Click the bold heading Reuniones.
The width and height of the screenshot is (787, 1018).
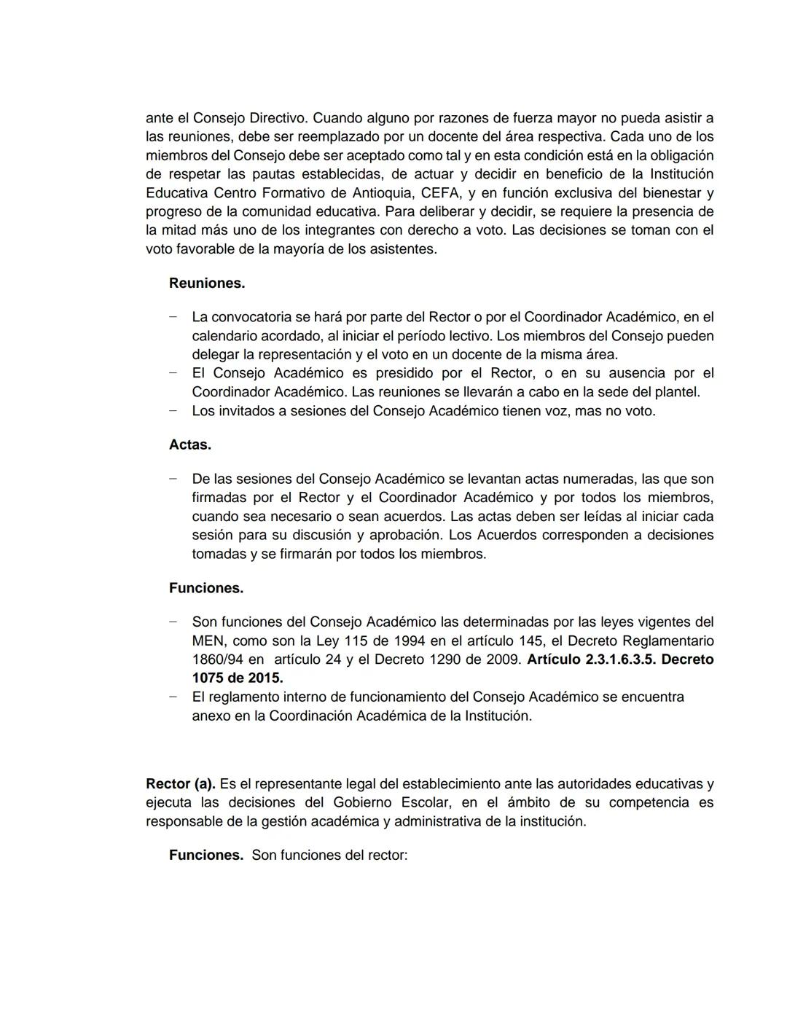(207, 283)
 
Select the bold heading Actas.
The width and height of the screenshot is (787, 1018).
(190, 445)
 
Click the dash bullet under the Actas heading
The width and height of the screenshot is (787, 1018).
(173, 479)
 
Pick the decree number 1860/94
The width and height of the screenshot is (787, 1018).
(218, 659)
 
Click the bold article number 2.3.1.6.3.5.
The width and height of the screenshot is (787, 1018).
(620, 659)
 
